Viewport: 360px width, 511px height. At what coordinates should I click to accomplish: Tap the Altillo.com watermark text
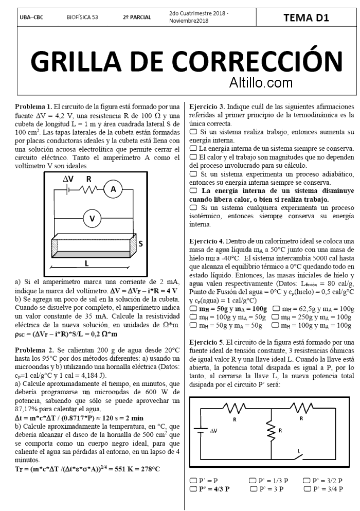261,82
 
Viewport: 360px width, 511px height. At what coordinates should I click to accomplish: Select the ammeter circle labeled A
114,189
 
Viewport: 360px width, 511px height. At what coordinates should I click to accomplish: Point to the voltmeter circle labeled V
93,218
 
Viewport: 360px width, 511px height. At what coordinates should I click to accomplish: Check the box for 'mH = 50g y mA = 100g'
193,309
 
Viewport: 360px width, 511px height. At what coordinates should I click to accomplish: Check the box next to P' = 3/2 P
307,481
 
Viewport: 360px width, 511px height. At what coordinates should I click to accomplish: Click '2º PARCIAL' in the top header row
137,17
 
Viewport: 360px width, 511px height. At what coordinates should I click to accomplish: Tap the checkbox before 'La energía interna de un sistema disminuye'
193,190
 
